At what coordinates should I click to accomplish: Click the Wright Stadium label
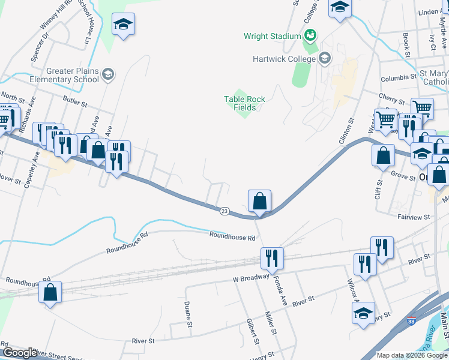click(272, 36)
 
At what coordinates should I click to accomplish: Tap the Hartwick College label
click(284, 59)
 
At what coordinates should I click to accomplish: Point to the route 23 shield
click(224, 211)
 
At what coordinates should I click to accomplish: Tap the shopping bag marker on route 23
click(259, 201)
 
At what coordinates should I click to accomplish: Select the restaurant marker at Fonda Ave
click(273, 259)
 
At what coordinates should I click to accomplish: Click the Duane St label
click(188, 314)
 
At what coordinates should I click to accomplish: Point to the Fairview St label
click(414, 217)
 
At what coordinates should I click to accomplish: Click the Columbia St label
click(398, 77)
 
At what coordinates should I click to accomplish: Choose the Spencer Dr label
click(40, 46)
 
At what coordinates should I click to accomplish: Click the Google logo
click(20, 353)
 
